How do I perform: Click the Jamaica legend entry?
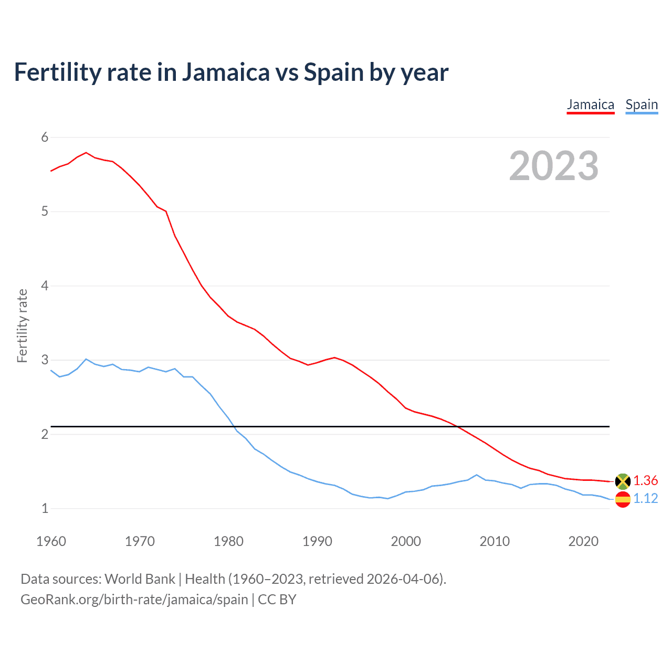point(590,104)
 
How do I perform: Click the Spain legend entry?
point(641,104)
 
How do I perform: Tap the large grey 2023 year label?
point(553,166)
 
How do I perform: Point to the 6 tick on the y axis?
point(45,138)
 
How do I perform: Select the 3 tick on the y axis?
point(45,360)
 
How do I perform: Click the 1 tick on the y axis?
point(45,509)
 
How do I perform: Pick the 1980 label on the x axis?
point(228,541)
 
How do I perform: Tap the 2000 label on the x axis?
point(406,541)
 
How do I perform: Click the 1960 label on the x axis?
point(51,541)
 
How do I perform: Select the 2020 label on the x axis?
point(583,541)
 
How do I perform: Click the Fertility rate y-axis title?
point(22,325)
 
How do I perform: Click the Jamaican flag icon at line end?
point(623,481)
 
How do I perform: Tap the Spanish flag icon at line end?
point(623,499)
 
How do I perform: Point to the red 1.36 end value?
point(645,480)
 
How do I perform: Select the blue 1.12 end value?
point(645,499)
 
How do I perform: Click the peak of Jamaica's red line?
point(86,153)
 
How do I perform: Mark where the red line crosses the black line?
point(457,426)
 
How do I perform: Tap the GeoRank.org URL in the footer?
point(134,600)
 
